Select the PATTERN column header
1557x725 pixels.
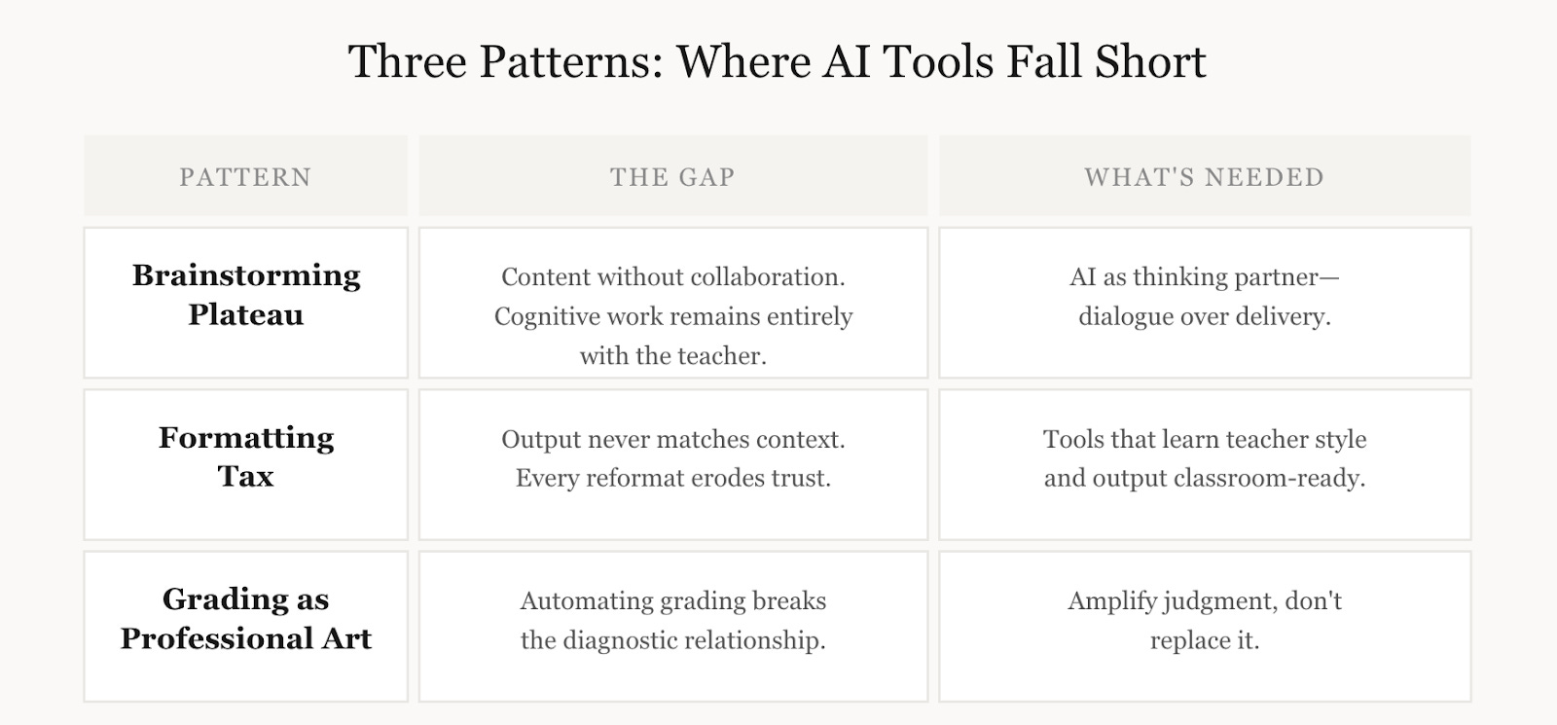(x=245, y=177)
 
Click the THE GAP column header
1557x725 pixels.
(x=672, y=177)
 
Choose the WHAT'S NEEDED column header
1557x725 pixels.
(x=1204, y=177)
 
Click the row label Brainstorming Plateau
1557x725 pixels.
(x=245, y=295)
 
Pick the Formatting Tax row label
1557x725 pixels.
(x=245, y=456)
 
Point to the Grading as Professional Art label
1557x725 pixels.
(x=245, y=619)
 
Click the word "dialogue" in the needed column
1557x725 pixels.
(x=1125, y=317)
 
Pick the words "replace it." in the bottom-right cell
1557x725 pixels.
(x=1204, y=640)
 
